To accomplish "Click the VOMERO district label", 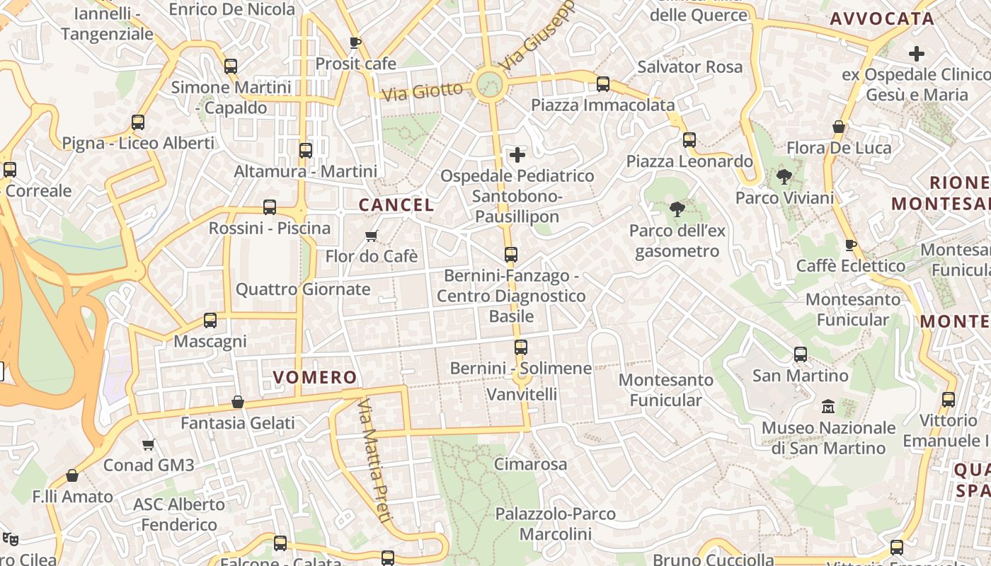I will pyautogui.click(x=315, y=377).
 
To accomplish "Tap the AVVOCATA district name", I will pyautogui.click(x=882, y=19).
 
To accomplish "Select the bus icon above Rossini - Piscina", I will pyautogui.click(x=270, y=207).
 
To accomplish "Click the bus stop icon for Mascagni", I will pyautogui.click(x=210, y=320).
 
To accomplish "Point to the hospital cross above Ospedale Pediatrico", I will pyautogui.click(x=517, y=154).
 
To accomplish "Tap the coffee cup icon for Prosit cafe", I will pyautogui.click(x=355, y=43).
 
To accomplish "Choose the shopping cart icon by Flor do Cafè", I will pyautogui.click(x=372, y=236).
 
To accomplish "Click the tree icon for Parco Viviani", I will pyautogui.click(x=784, y=177).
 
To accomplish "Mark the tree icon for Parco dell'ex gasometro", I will pyautogui.click(x=677, y=209).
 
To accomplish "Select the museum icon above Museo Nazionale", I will pyautogui.click(x=828, y=407).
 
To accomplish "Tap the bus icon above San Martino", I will pyautogui.click(x=801, y=354).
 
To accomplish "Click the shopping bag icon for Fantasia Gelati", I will pyautogui.click(x=238, y=402).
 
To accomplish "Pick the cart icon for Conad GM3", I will pyautogui.click(x=148, y=444).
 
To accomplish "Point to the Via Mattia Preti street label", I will pyautogui.click(x=375, y=461).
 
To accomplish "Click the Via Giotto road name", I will pyautogui.click(x=422, y=91).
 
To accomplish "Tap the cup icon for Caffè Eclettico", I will pyautogui.click(x=851, y=245).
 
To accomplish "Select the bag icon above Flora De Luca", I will pyautogui.click(x=839, y=127).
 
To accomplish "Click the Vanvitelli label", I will pyautogui.click(x=522, y=394).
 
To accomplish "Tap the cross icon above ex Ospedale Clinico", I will pyautogui.click(x=917, y=53).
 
